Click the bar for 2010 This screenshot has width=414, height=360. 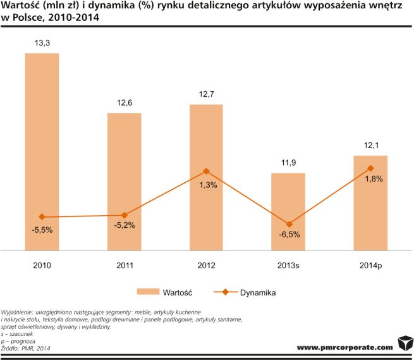(x=42, y=152)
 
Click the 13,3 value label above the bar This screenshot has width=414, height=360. (x=42, y=43)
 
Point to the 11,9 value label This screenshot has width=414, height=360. (x=288, y=163)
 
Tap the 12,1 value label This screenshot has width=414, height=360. (x=370, y=146)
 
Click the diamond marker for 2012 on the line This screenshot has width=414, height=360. (x=206, y=171)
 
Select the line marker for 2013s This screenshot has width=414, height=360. (x=288, y=225)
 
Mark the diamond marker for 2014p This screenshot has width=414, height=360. (x=370, y=168)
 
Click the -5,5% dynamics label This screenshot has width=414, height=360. (x=42, y=230)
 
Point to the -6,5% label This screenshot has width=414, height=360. (x=289, y=235)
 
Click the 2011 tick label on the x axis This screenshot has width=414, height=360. (x=124, y=265)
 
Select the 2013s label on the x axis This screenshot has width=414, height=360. (x=288, y=265)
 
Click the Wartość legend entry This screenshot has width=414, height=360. (x=167, y=293)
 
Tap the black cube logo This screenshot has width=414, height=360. (x=405, y=345)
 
